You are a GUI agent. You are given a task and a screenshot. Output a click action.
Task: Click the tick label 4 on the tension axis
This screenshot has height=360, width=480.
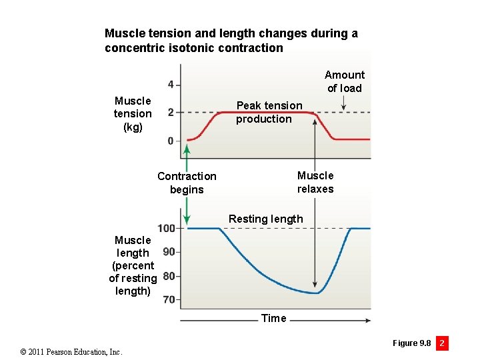click(171, 85)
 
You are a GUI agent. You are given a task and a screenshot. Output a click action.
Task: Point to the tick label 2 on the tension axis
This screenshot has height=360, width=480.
click(171, 113)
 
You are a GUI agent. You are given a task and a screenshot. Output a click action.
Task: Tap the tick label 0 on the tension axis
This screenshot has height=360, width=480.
click(171, 141)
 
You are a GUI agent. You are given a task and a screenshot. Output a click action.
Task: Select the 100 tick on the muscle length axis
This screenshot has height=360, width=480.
click(167, 228)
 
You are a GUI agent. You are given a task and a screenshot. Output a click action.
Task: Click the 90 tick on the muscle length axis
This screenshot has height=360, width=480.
click(169, 251)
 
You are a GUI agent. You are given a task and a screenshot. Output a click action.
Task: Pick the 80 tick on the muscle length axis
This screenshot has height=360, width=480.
click(169, 276)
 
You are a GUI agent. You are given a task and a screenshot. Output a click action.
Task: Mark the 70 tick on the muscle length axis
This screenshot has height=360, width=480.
click(169, 300)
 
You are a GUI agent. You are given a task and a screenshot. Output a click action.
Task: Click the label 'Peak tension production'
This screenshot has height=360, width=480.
click(269, 112)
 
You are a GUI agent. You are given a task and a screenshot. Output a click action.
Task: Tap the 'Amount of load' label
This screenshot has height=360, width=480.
click(344, 81)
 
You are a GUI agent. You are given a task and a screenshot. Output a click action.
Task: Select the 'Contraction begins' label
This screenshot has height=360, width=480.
click(187, 183)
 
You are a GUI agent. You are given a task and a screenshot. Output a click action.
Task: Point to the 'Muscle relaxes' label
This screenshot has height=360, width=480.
click(315, 182)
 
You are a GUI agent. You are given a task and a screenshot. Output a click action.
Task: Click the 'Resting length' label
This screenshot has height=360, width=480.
click(265, 219)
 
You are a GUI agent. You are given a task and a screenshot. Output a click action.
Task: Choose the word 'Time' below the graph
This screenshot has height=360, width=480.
click(273, 318)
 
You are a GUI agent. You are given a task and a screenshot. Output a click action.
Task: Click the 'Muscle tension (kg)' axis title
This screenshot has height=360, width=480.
click(133, 113)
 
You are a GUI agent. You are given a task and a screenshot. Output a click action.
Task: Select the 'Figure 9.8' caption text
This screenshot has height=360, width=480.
click(411, 343)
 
